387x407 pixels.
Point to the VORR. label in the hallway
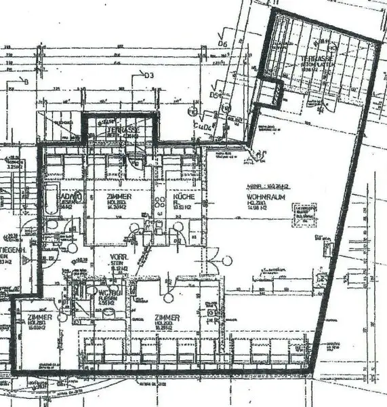pyautogui.click(x=119, y=258)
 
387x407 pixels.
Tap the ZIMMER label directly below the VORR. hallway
pyautogui.click(x=166, y=317)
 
